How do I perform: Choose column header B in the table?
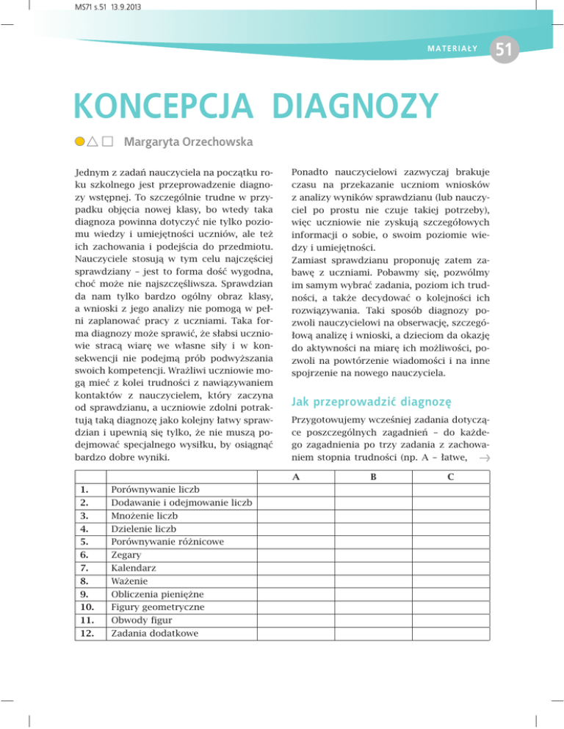click(373, 476)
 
